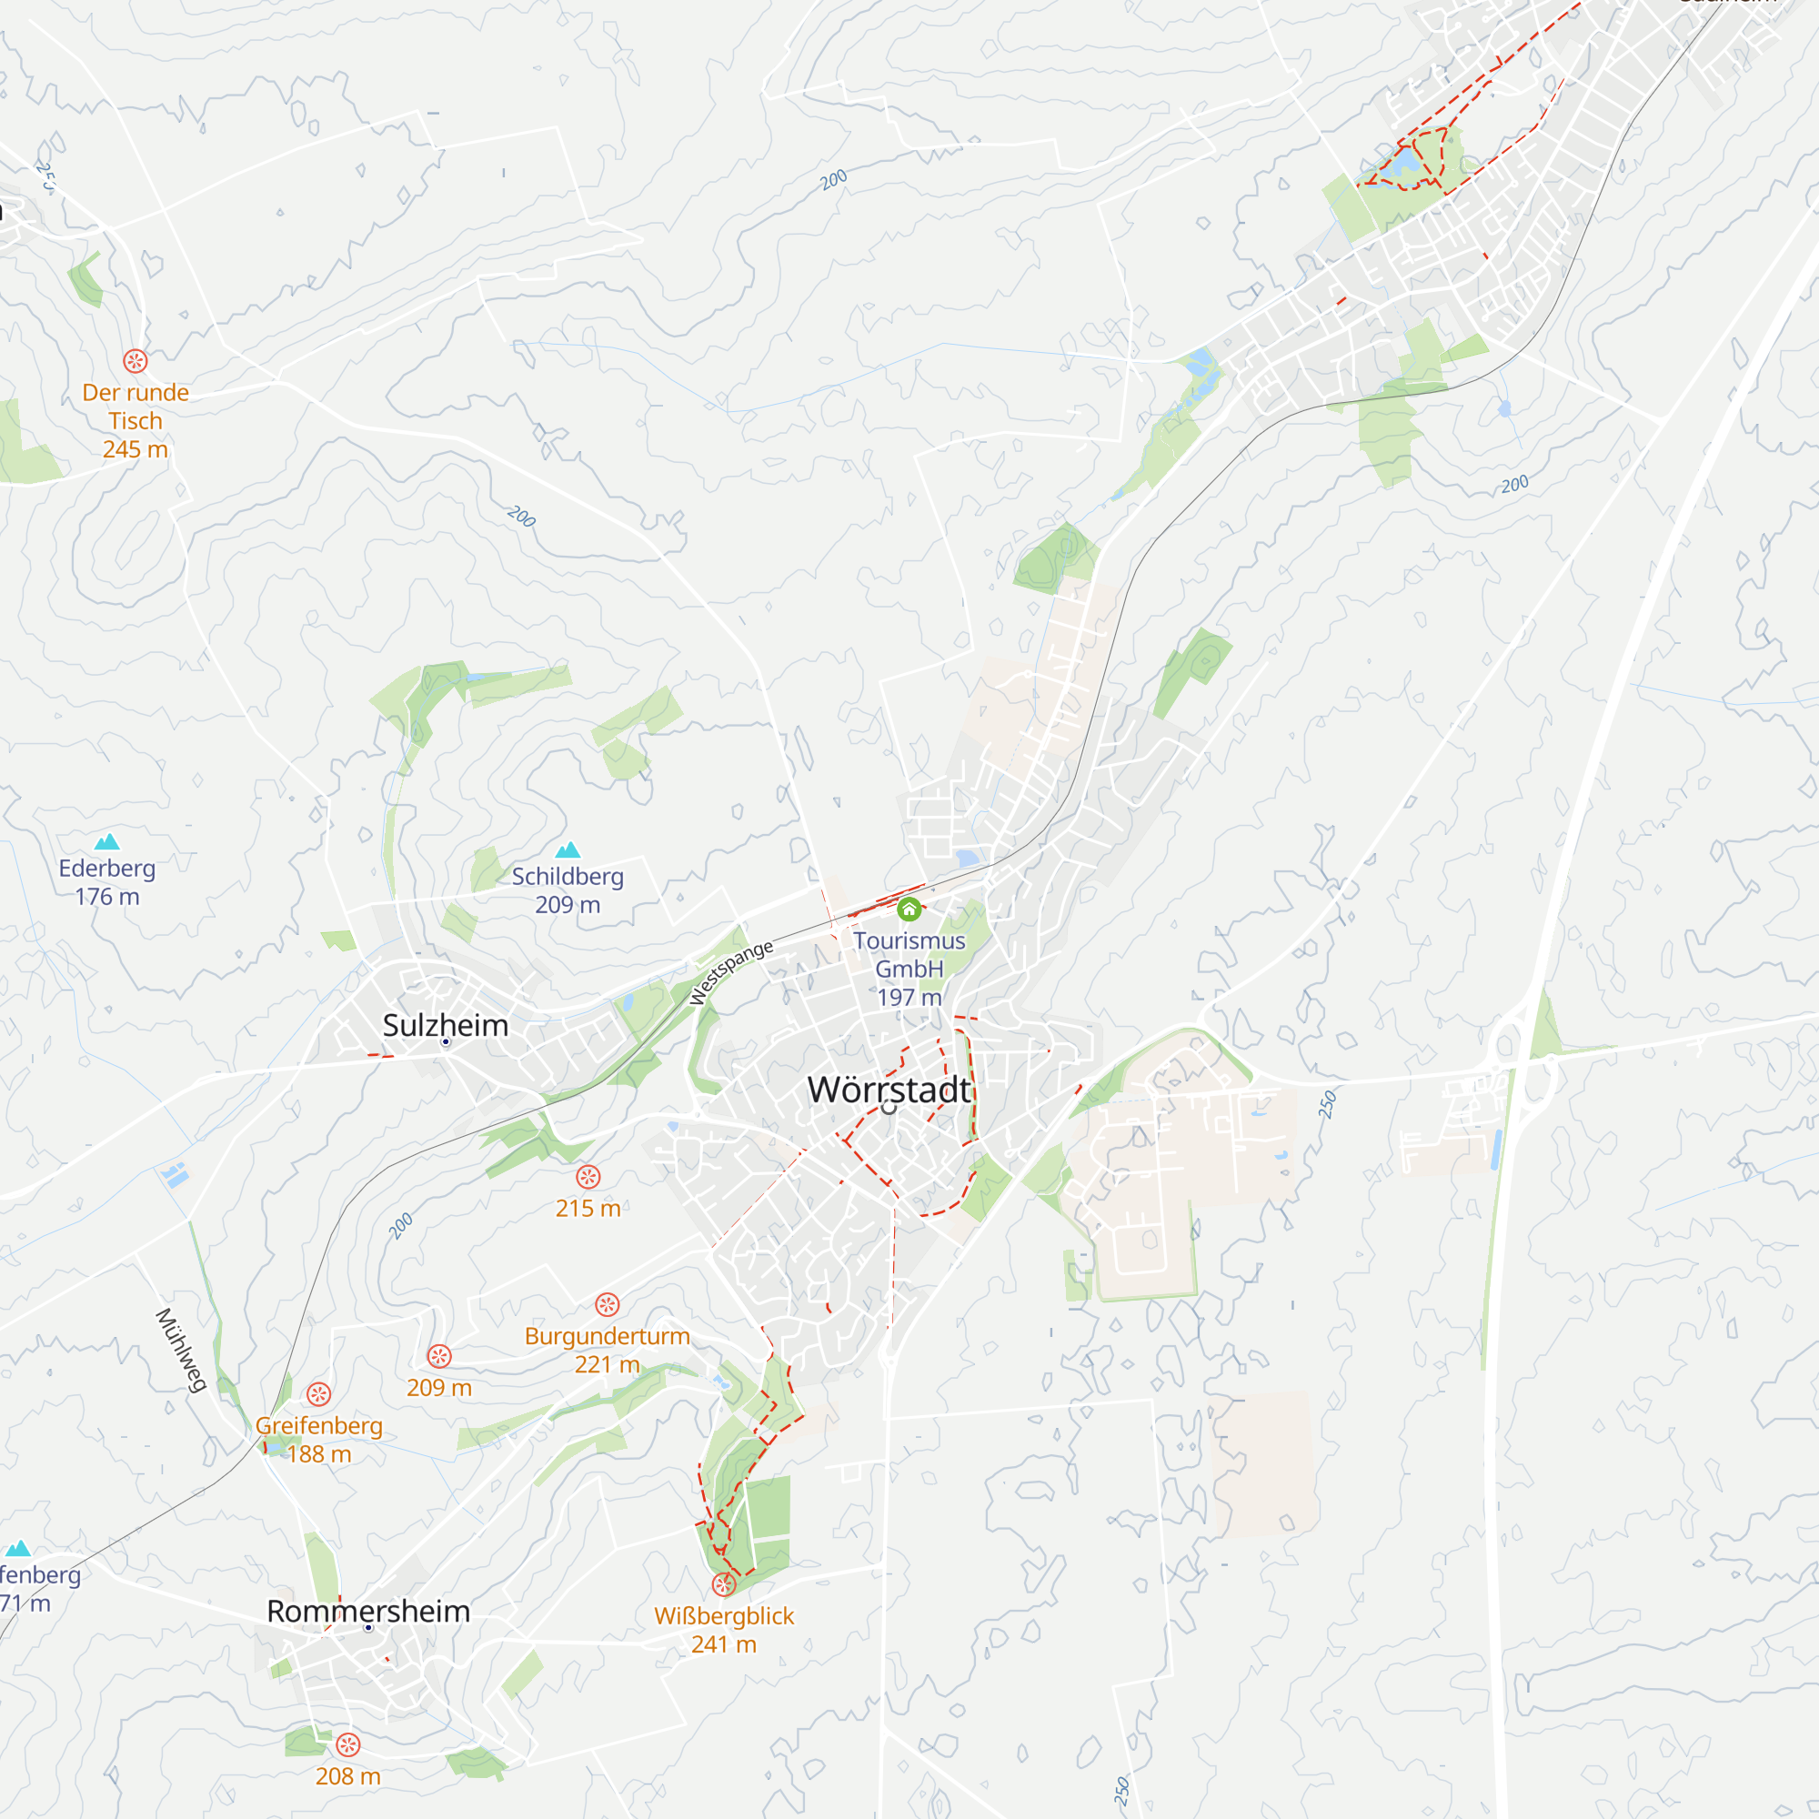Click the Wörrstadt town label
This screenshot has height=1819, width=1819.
tap(889, 1090)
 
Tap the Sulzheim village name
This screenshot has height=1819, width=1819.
tap(446, 1025)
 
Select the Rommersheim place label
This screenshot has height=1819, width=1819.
tap(368, 1611)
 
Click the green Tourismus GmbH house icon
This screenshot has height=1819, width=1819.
tap(909, 909)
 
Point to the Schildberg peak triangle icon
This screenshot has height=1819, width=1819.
tap(568, 851)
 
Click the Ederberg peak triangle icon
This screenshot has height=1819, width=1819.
tap(107, 841)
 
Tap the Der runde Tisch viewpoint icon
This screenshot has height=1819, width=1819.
tap(136, 360)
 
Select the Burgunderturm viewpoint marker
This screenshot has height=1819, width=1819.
tap(608, 1305)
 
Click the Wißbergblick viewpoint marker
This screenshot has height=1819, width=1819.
tap(723, 1584)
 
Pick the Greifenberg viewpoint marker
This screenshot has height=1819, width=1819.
tap(319, 1394)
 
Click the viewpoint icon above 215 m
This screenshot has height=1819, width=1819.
tap(588, 1177)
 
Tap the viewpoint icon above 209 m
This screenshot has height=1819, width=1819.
tap(439, 1357)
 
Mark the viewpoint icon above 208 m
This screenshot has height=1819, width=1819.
tap(348, 1744)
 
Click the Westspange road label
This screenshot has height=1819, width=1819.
tap(730, 972)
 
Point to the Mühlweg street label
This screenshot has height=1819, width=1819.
tap(181, 1350)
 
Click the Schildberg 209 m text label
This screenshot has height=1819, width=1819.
tap(568, 890)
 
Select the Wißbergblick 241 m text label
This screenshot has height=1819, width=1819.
tap(724, 1630)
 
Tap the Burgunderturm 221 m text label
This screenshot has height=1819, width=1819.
tap(608, 1350)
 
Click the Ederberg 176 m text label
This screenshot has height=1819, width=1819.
tap(107, 882)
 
